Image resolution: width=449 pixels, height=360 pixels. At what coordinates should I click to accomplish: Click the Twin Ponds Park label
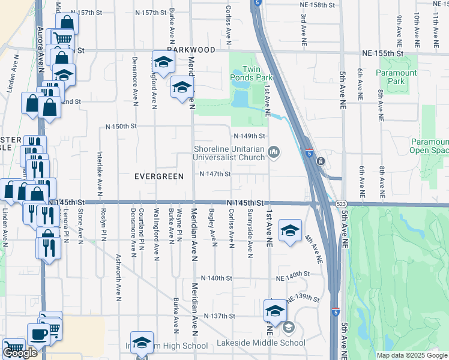(x=258, y=74)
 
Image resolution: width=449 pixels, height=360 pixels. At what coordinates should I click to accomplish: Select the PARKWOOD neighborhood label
(x=191, y=51)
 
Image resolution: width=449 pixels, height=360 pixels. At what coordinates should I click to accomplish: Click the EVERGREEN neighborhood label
(x=158, y=176)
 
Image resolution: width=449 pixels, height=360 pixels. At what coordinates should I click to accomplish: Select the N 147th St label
(x=215, y=175)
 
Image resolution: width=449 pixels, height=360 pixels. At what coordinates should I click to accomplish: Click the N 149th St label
(x=249, y=136)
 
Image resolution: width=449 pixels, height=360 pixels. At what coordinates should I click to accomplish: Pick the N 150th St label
(x=121, y=127)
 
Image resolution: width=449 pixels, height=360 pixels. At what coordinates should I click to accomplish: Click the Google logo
(x=20, y=353)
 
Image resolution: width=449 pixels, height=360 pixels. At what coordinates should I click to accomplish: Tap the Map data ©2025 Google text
(x=411, y=355)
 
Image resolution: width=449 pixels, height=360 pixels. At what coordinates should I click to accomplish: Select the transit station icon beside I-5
(x=321, y=161)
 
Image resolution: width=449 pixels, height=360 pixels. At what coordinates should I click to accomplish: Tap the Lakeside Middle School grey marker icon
(x=288, y=328)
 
